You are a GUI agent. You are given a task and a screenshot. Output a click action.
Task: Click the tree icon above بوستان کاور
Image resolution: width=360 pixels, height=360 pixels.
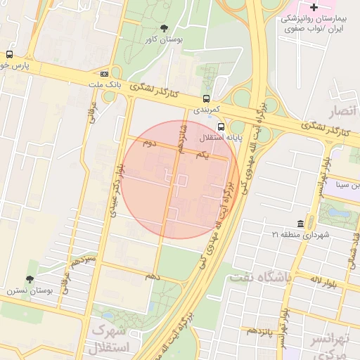(x=165, y=29)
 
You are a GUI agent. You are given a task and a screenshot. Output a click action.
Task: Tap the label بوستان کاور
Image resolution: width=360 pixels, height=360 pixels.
(x=162, y=41)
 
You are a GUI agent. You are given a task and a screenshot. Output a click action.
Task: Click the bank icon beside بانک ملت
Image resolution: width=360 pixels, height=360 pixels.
(x=105, y=73)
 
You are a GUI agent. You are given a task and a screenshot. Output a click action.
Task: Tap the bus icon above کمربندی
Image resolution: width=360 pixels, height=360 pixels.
(x=206, y=99)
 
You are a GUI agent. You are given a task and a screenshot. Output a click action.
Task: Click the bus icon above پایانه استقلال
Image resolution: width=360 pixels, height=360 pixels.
(x=221, y=127)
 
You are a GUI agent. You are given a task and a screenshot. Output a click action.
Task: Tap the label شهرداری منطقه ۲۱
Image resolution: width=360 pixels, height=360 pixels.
(x=300, y=234)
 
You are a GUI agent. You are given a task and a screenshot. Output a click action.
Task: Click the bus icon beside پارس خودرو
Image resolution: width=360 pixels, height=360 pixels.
(x=9, y=54)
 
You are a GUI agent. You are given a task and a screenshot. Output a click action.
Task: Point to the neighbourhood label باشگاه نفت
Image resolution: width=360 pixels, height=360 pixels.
(x=259, y=277)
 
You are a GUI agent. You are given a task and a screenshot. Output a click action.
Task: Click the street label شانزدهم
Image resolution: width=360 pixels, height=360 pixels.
(x=181, y=138)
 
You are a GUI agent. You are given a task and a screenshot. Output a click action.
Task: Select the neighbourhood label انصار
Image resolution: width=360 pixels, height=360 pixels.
(x=344, y=111)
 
